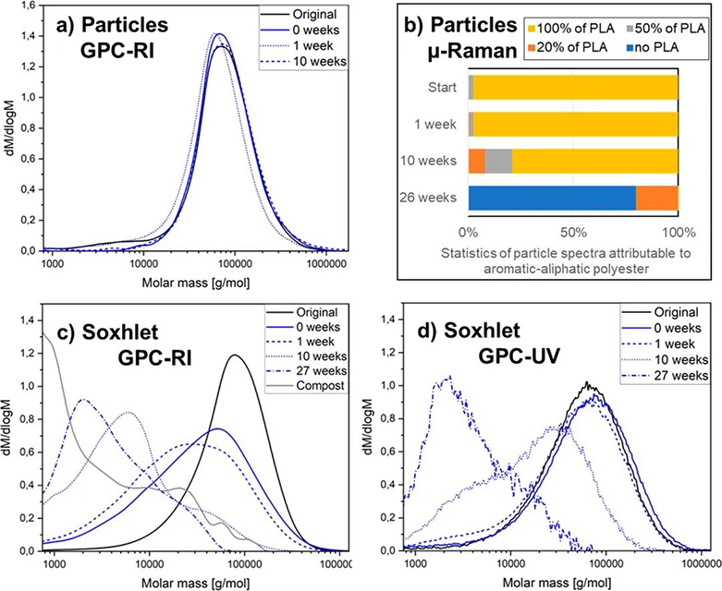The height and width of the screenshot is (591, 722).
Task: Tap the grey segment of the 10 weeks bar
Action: [498, 161]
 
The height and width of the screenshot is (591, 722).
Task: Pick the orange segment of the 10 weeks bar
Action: [477, 161]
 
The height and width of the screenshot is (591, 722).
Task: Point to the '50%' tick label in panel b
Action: [573, 231]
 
